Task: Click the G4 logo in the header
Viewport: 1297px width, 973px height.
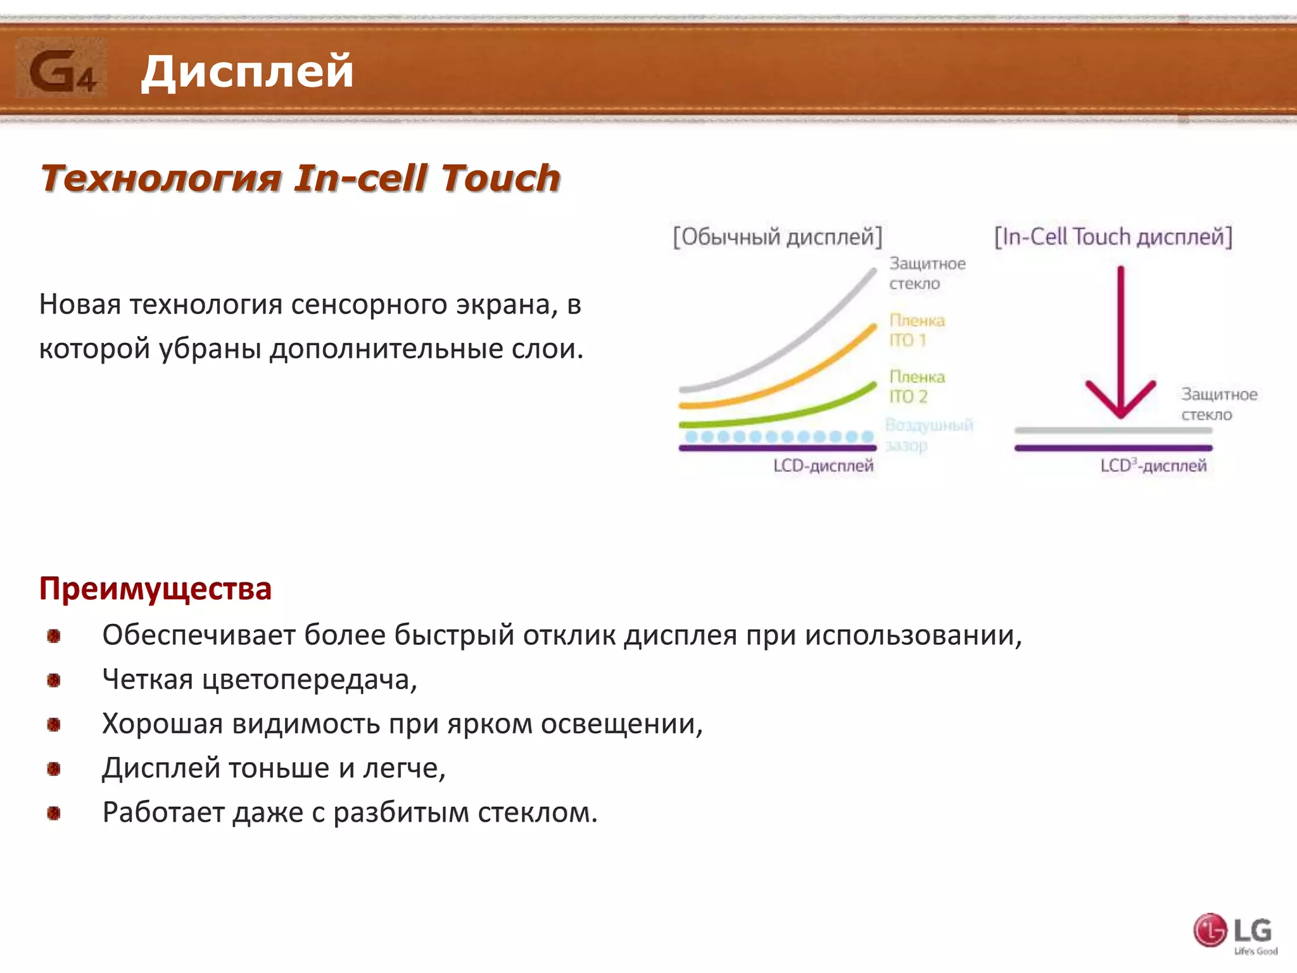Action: coord(61,68)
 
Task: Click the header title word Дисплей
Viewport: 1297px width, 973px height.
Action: coord(247,71)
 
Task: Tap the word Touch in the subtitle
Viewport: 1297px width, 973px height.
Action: coord(500,178)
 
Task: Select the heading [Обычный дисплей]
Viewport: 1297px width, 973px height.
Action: coord(777,237)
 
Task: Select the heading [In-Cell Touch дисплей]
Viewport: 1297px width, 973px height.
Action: coord(1113,237)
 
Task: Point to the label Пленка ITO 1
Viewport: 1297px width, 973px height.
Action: coord(916,330)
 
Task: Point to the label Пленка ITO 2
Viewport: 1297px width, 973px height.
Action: coord(916,386)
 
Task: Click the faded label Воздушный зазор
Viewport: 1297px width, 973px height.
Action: coord(928,435)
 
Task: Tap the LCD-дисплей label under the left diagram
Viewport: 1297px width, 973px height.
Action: coord(823,466)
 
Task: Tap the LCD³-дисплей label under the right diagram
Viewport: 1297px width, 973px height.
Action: coord(1153,466)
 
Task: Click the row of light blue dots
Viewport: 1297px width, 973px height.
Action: coord(779,436)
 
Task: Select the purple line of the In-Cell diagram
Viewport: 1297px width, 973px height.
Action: coord(1113,448)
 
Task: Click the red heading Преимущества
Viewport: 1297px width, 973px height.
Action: coord(155,588)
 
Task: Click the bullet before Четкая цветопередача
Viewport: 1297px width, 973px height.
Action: coord(54,680)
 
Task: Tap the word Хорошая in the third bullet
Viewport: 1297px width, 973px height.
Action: coord(162,723)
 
